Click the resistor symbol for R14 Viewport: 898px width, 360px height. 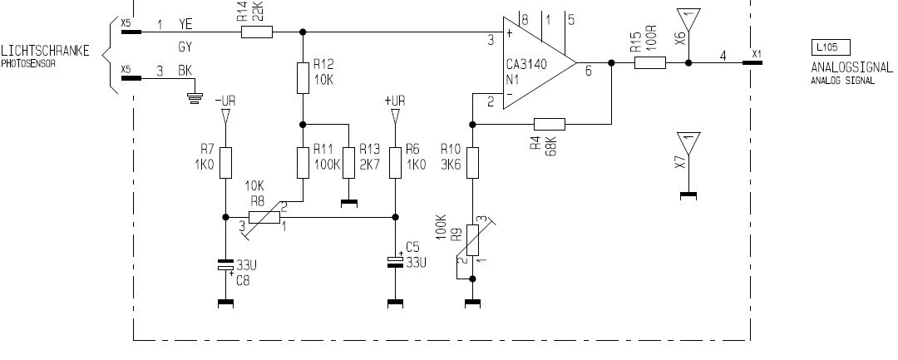[x=257, y=32]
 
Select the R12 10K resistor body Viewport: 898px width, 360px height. [x=303, y=78]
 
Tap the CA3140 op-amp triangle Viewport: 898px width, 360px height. [x=540, y=62]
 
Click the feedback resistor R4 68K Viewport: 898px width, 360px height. [x=550, y=124]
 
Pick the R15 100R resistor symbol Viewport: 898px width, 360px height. [x=650, y=62]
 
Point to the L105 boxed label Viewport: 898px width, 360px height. [x=831, y=47]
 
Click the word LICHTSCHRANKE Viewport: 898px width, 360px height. [x=45, y=51]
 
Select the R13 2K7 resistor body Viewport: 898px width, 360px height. [x=348, y=163]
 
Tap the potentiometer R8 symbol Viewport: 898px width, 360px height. [x=264, y=218]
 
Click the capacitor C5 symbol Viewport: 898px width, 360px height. [x=395, y=261]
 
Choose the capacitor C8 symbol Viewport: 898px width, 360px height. [x=225, y=265]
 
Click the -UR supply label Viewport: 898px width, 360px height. [x=225, y=101]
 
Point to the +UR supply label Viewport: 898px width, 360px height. [x=395, y=101]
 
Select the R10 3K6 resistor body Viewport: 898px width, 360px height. [x=472, y=163]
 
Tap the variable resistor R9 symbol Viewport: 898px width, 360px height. [x=472, y=240]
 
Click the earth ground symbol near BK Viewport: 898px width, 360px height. [x=196, y=98]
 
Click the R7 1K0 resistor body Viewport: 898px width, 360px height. [x=225, y=163]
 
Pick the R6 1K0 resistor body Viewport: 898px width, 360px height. [x=395, y=163]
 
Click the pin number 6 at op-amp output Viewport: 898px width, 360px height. [x=588, y=71]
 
